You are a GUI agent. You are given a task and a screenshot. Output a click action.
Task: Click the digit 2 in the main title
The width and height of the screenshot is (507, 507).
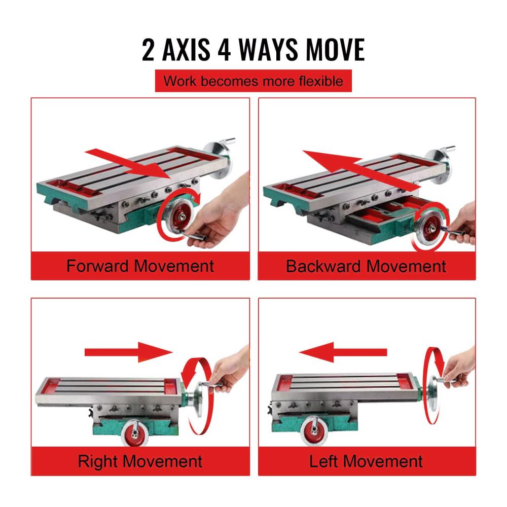[x=148, y=50]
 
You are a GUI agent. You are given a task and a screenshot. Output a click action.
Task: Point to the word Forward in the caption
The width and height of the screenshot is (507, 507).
[x=98, y=266]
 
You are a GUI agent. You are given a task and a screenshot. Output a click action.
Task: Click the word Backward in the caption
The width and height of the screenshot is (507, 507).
[x=323, y=266]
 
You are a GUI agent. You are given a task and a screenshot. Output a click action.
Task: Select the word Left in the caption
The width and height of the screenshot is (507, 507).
[x=324, y=461]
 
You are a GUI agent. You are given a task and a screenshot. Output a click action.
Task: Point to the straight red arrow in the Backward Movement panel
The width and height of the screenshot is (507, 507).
[x=360, y=170]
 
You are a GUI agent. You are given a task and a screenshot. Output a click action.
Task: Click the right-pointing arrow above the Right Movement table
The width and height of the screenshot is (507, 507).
[x=128, y=352]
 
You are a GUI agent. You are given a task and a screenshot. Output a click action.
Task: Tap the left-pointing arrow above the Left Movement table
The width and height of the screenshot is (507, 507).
[x=343, y=352]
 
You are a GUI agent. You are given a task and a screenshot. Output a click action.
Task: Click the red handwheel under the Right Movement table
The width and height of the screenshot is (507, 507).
[x=135, y=432]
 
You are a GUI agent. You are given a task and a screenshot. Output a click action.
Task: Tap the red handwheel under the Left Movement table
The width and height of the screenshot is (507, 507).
[x=314, y=431]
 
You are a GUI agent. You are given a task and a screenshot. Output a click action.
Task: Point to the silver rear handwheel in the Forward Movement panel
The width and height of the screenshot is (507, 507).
[x=218, y=158]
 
